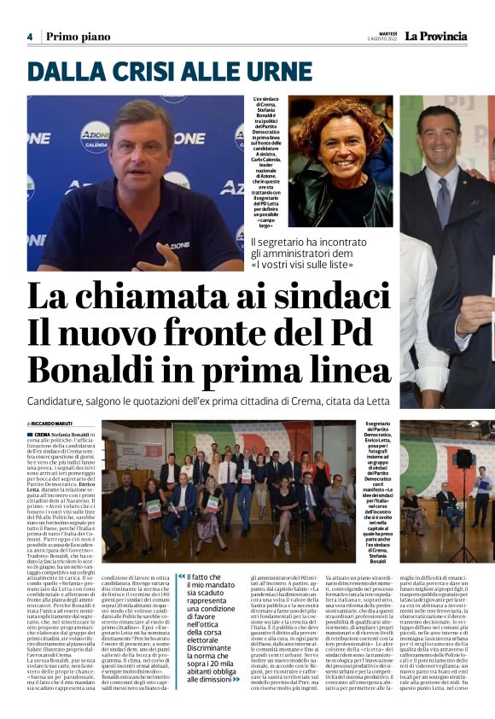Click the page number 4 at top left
pyautogui.click(x=29, y=37)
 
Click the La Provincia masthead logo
pyautogui.click(x=436, y=36)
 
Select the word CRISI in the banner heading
pyautogui.click(x=124, y=73)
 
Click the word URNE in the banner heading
pyautogui.click(x=232, y=73)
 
